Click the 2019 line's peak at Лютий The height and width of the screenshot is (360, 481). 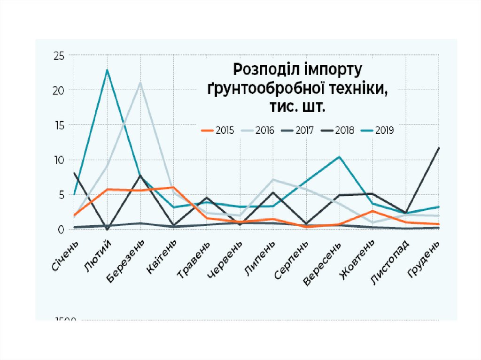108,70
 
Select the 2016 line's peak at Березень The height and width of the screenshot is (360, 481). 140,83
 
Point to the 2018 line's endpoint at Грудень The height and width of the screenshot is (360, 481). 439,148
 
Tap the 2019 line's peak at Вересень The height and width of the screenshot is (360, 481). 339,157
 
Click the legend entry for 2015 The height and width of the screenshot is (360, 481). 218,131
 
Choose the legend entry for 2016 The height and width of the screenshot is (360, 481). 258,131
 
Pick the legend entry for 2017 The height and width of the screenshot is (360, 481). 298,131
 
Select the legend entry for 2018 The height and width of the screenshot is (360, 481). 338,131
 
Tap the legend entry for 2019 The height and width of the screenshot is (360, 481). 378,131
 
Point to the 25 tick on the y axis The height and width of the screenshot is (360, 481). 58,55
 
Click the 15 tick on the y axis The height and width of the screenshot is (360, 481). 58,125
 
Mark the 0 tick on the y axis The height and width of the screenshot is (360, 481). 61,230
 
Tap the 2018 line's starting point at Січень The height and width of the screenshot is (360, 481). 75,173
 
